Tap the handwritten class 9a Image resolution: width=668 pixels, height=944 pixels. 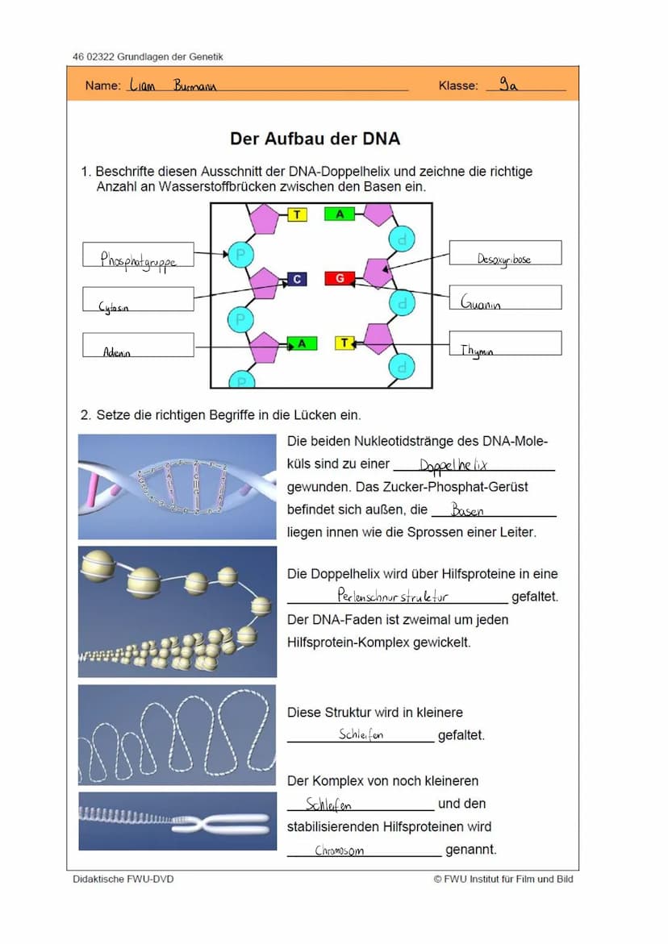pyautogui.click(x=508, y=84)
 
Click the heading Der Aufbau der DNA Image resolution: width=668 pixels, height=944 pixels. pyautogui.click(x=315, y=139)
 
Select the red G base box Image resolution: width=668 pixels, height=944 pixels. pyautogui.click(x=340, y=278)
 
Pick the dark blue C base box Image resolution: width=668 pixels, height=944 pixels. pyautogui.click(x=297, y=279)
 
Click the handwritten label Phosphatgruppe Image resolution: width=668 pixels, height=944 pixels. pyautogui.click(x=137, y=259)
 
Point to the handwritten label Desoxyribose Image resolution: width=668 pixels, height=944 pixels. pyautogui.click(x=504, y=259)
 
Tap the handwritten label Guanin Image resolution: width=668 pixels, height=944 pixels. pyautogui.click(x=481, y=303)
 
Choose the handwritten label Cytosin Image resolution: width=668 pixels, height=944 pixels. pyautogui.click(x=114, y=307)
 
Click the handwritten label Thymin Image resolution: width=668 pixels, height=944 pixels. pyautogui.click(x=477, y=351)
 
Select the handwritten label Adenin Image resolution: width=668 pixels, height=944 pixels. pyautogui.click(x=117, y=352)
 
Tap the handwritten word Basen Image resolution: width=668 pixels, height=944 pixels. pyautogui.click(x=468, y=510)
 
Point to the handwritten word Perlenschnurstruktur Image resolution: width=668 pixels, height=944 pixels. pyautogui.click(x=393, y=597)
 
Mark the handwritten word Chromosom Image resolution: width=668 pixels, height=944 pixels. pyautogui.click(x=339, y=850)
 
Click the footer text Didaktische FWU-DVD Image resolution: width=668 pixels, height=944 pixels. pyautogui.click(x=123, y=879)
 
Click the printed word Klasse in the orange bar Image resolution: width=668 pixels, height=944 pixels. pyautogui.click(x=458, y=85)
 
